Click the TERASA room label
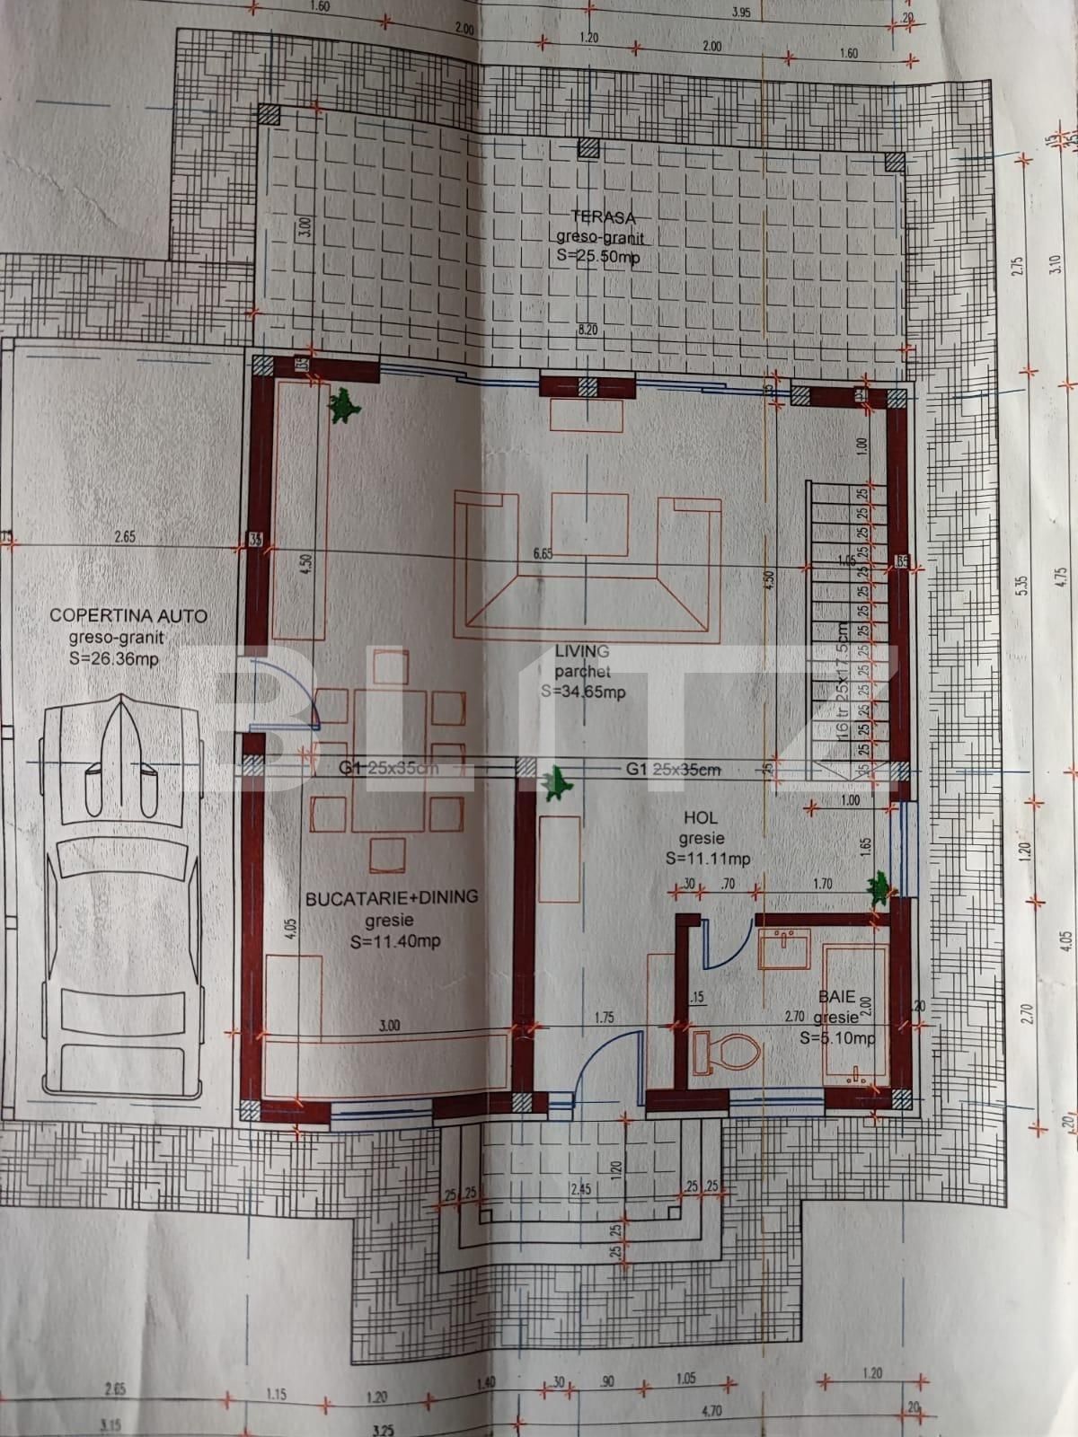tap(603, 216)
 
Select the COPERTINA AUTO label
tap(128, 616)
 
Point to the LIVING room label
tap(581, 652)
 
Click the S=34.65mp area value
tap(583, 692)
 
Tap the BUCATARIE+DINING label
tap(391, 897)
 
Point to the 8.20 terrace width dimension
tap(588, 331)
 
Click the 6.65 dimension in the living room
tap(543, 554)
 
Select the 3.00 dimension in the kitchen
tap(390, 1026)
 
